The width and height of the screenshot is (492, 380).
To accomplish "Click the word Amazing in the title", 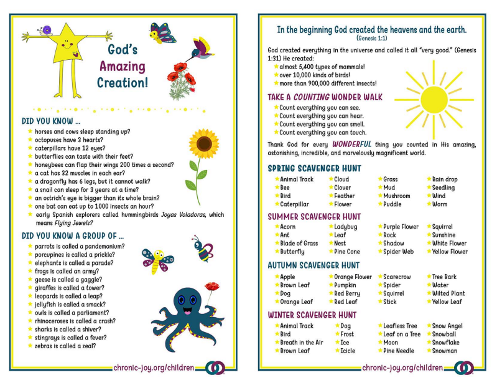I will pyautogui.click(x=123, y=66).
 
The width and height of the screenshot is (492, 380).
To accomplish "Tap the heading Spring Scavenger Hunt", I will pyautogui.click(x=314, y=169).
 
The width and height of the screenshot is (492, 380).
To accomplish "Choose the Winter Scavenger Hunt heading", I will pyautogui.click(x=312, y=315).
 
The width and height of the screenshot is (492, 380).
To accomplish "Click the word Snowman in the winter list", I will pyautogui.click(x=444, y=351).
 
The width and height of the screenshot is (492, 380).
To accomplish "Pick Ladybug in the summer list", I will pyautogui.click(x=346, y=227).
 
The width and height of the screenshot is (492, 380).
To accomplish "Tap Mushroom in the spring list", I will pyautogui.click(x=396, y=196).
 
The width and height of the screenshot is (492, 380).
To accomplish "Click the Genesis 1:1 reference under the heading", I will pyautogui.click(x=372, y=38).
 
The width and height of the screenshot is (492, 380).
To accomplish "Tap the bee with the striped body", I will pyautogui.click(x=202, y=249).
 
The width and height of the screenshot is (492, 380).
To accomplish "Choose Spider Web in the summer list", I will pyautogui.click(x=398, y=252).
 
